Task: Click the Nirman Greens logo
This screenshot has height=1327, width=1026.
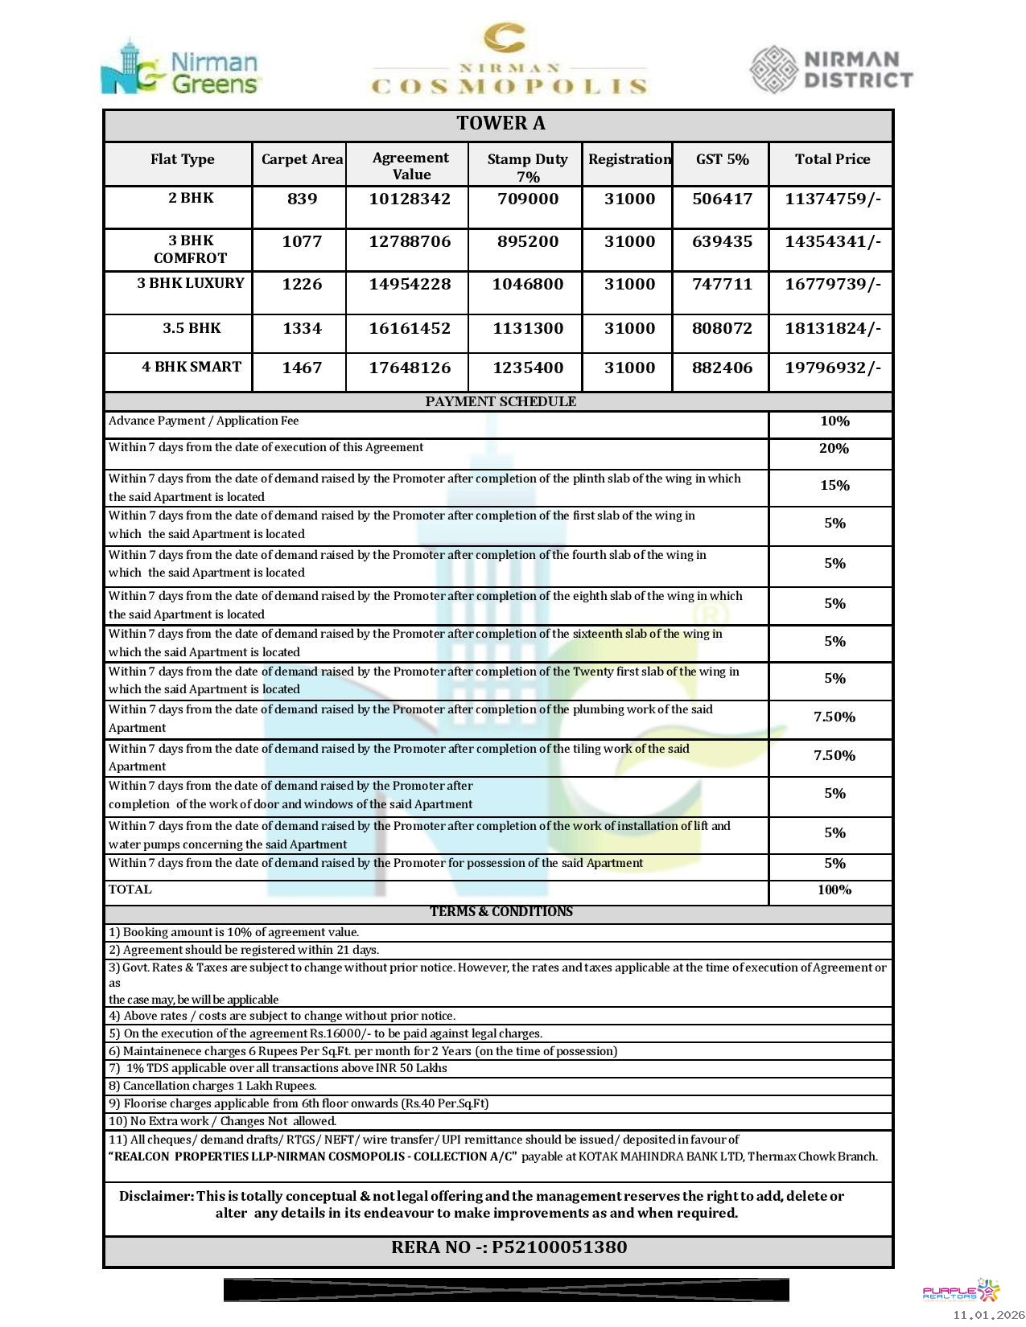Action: pos(180,68)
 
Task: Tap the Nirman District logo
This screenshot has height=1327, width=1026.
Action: pos(831,69)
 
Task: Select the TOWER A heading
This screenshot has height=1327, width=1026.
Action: pos(501,123)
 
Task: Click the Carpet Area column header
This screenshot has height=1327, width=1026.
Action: pos(302,159)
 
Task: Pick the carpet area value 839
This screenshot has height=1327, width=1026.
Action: pos(302,199)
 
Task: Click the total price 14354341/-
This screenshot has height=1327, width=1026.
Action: pos(833,241)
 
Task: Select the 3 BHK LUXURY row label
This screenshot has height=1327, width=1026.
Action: pos(191,283)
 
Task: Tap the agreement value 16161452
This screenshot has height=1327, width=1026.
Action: pos(410,328)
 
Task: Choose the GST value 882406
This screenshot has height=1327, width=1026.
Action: pos(722,368)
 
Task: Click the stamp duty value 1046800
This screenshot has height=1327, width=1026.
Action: pos(527,284)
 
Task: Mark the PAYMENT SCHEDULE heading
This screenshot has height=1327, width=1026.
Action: pos(501,401)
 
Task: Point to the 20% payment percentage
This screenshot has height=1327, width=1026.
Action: pos(834,449)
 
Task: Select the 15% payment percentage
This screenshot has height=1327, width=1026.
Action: pos(834,486)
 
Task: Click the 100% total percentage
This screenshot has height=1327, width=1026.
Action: pos(834,889)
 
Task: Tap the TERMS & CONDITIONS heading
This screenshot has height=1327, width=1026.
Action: pos(501,911)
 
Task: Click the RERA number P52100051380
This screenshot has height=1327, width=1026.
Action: pos(559,1247)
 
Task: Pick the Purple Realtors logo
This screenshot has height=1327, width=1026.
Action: pos(961,1291)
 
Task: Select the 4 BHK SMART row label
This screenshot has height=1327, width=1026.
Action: pos(192,367)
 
